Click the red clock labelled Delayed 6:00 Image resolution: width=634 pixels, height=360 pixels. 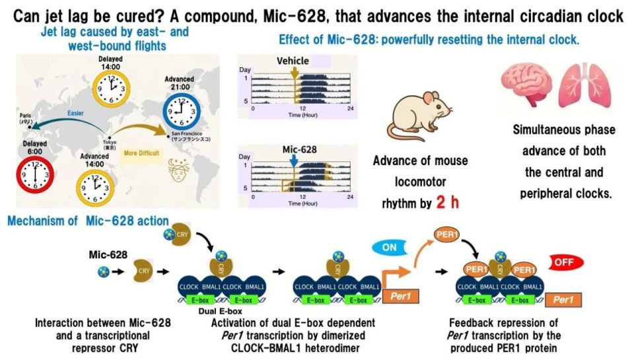(33, 175)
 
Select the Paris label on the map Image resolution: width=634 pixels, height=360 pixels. (28, 122)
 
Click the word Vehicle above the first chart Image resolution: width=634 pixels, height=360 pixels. (293, 61)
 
